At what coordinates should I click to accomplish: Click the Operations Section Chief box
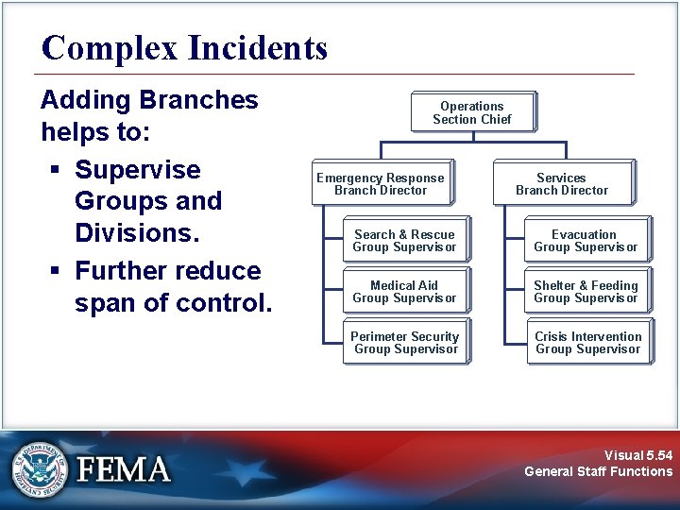click(x=472, y=112)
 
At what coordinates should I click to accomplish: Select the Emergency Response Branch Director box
click(x=381, y=183)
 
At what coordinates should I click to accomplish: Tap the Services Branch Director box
click(x=562, y=183)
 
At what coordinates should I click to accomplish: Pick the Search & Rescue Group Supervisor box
click(x=404, y=241)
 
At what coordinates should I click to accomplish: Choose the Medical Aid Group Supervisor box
click(x=404, y=292)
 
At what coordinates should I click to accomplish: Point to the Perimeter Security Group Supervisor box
click(x=405, y=343)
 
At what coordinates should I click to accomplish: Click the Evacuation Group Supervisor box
click(x=586, y=241)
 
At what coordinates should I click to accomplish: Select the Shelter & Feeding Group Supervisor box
click(x=586, y=292)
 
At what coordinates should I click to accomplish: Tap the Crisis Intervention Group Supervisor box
click(x=587, y=343)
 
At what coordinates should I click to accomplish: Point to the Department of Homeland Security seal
click(x=41, y=469)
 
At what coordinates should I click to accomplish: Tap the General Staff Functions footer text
click(x=598, y=471)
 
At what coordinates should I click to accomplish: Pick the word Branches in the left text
click(x=198, y=100)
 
